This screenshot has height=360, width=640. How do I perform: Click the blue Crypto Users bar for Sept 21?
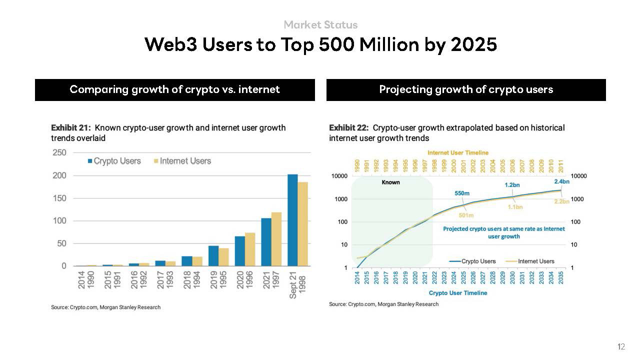tap(292, 220)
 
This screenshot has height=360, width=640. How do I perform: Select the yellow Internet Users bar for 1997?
tap(276, 239)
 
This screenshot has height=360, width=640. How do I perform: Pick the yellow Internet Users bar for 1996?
tap(250, 249)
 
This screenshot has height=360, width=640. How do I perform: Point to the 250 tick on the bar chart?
tap(59, 152)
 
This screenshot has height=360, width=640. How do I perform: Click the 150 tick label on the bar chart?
tap(59, 198)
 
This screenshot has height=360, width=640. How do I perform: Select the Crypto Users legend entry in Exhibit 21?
tap(114, 161)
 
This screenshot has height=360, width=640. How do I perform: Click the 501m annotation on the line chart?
tap(466, 215)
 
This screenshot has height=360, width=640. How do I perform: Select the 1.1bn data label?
tap(515, 207)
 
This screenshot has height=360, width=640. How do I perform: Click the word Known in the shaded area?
tap(390, 182)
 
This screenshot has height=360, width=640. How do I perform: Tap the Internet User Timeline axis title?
tap(457, 152)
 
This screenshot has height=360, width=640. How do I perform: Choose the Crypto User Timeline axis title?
tap(457, 293)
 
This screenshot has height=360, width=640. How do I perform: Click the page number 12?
tap(621, 346)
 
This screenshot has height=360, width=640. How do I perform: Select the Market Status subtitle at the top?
tap(320, 24)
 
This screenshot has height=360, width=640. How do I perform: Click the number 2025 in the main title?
tap(473, 44)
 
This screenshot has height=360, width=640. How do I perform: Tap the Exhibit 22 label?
tap(348, 128)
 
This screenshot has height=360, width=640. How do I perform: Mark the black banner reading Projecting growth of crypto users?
tap(466, 89)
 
